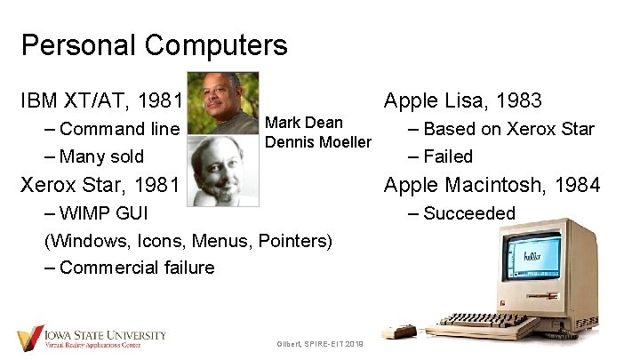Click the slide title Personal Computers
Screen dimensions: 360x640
coord(154,44)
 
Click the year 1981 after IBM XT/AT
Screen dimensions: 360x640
coord(164,100)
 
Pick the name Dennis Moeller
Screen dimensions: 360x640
coord(318,142)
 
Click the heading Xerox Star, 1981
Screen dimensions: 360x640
coord(100,185)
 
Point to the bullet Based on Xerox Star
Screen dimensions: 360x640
coord(508,129)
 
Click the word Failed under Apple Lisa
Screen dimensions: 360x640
coord(448,156)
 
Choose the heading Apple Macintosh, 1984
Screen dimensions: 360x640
coord(492,185)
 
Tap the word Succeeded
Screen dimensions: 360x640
coord(468,213)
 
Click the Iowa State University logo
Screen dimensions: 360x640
coord(92,339)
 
